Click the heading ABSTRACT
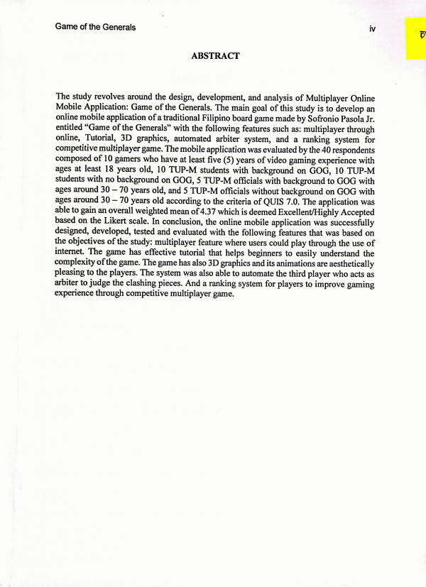point(215,55)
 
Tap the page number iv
point(372,28)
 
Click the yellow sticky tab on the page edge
point(415,39)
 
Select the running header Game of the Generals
point(95,28)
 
